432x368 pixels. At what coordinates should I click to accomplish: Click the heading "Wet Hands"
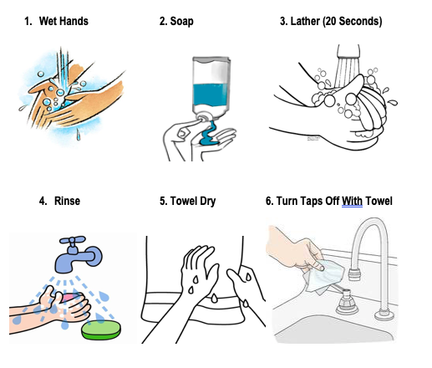(x=64, y=21)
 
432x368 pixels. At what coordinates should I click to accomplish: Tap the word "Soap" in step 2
(x=181, y=22)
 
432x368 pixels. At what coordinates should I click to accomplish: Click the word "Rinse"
(x=67, y=201)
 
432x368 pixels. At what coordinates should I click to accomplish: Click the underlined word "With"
(x=352, y=201)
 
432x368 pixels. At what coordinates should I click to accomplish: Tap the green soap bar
(x=101, y=330)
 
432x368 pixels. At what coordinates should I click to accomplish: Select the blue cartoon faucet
(x=79, y=254)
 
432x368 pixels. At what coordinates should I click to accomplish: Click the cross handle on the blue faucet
(x=73, y=240)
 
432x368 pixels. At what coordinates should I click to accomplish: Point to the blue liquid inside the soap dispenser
(x=211, y=95)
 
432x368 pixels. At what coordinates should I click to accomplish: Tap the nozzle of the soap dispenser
(x=203, y=116)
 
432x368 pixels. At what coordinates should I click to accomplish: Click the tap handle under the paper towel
(x=346, y=302)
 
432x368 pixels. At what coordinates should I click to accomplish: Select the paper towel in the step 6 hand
(x=325, y=275)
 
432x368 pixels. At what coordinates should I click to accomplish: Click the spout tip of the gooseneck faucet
(x=355, y=273)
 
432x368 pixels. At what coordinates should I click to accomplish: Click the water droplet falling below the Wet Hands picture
(x=79, y=135)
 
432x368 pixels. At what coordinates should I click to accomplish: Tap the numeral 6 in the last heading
(x=268, y=201)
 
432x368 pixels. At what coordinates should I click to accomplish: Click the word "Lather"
(x=305, y=22)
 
